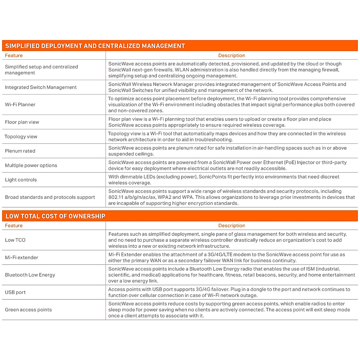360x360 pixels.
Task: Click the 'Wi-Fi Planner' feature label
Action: pos(20,105)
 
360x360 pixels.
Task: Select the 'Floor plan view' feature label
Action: pos(22,122)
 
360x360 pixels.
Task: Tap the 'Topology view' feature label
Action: pos(21,136)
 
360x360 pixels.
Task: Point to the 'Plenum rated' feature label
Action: pos(20,151)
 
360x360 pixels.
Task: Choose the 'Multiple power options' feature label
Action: pos(31,165)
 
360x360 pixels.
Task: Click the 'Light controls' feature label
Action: pos(21,180)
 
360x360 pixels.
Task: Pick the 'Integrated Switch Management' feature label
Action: pos(41,87)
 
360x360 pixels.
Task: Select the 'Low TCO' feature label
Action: pos(15,240)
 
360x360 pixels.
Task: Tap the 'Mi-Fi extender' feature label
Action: pos(22,257)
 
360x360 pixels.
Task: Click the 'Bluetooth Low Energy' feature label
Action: pos(30,275)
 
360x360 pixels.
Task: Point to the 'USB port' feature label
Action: pos(15,292)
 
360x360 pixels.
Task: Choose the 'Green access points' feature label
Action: pos(28,310)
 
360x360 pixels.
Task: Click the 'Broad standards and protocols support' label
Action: pos(50,197)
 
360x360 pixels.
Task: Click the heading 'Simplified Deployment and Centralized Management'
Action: pos(95,46)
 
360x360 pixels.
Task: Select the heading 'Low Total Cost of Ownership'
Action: pos(55,216)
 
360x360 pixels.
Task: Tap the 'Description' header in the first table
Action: pos(232,55)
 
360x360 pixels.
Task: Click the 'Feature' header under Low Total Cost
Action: pos(14,226)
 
